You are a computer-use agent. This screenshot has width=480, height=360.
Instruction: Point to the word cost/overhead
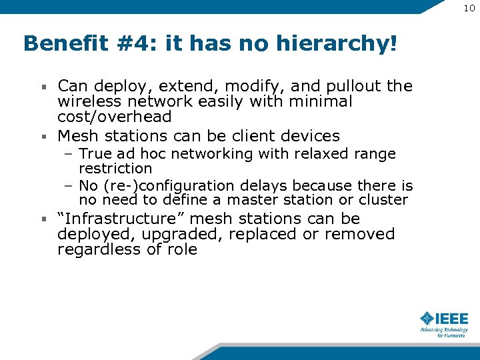point(115,117)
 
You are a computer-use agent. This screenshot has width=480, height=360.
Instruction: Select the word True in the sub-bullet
point(93,154)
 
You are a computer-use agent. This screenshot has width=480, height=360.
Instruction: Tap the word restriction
point(115,169)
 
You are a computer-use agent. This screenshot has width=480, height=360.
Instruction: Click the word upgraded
point(171,234)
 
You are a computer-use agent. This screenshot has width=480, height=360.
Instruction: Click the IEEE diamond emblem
point(427,318)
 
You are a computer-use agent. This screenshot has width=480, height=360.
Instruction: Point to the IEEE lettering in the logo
point(453,318)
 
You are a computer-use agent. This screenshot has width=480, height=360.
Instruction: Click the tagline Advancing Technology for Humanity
point(444,332)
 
